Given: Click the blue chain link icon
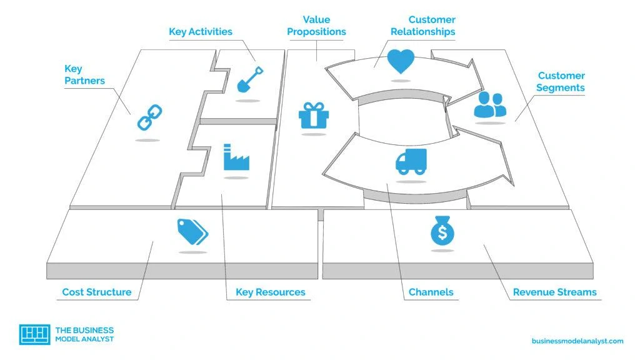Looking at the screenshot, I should click(149, 117).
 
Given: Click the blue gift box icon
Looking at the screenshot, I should click(313, 115).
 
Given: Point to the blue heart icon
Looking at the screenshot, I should click(400, 61).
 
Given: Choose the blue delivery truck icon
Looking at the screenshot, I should click(411, 161).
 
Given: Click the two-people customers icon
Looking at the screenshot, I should click(490, 105).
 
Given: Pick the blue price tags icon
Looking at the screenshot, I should click(192, 232).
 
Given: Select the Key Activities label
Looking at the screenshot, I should click(201, 31).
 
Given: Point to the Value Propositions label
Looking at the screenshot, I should click(316, 26).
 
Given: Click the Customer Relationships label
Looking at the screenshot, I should click(423, 26).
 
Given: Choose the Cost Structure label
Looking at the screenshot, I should click(97, 292).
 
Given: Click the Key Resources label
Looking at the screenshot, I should click(271, 292).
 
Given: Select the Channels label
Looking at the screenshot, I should click(431, 292).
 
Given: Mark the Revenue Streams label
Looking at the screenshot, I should click(554, 292).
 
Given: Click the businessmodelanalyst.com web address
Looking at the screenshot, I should click(577, 341).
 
